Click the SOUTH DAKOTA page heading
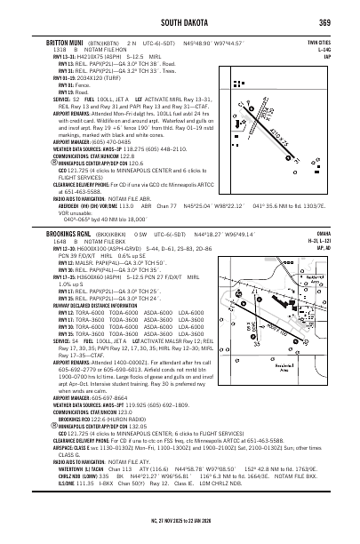180,22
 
